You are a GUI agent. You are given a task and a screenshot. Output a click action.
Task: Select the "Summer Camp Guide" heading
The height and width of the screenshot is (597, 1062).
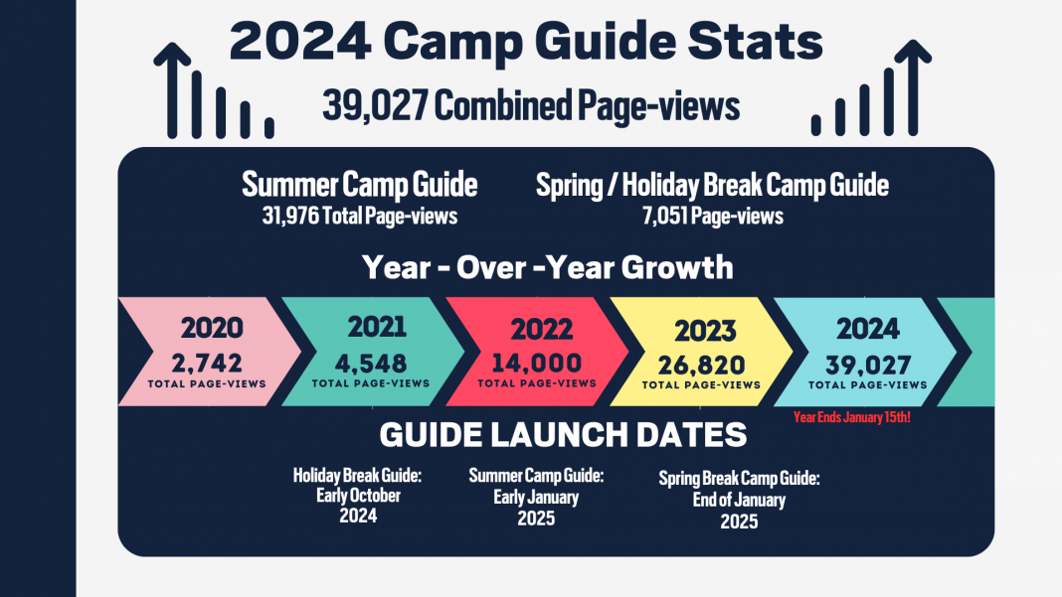pos(360,185)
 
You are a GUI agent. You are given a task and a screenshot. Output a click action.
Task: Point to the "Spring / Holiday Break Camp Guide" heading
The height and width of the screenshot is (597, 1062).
pos(712,185)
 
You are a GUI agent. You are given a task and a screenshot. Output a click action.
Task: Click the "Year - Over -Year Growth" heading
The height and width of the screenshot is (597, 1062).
pos(547,267)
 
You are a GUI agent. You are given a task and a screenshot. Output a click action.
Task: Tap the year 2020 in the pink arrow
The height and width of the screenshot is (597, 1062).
pos(211,330)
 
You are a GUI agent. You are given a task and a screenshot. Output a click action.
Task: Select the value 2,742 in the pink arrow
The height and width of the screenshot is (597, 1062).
pos(207,363)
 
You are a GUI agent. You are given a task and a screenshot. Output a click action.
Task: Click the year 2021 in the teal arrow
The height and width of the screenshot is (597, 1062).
pos(377,328)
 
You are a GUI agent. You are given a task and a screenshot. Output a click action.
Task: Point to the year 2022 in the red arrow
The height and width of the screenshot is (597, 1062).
pos(541,330)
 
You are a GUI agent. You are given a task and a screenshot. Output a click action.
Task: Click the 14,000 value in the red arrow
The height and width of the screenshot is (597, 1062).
pos(536,363)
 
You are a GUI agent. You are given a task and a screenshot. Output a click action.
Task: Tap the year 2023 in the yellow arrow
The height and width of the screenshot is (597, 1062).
pos(705,331)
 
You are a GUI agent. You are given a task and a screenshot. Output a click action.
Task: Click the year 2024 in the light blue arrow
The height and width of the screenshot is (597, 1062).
pos(868,329)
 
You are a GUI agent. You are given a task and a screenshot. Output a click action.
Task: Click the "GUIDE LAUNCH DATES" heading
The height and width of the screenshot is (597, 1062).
pos(563,436)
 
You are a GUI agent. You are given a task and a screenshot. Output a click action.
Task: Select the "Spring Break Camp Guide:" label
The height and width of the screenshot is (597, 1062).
pos(739,479)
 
